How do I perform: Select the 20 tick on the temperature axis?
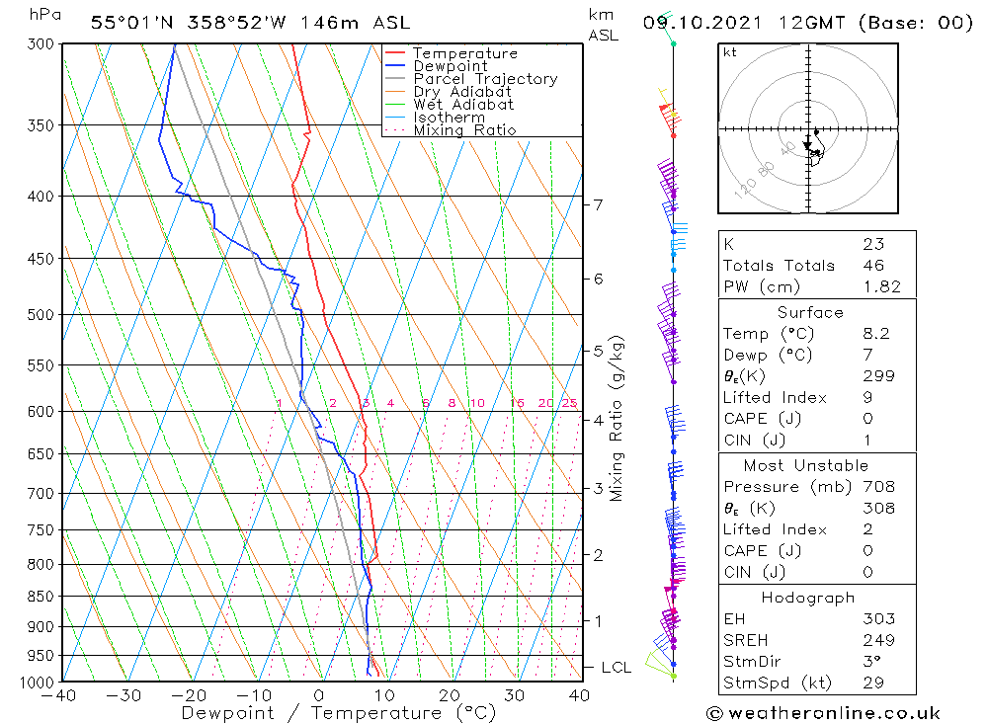click(x=450, y=695)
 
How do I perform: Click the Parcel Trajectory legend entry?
click(x=485, y=79)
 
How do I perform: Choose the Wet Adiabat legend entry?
click(x=463, y=105)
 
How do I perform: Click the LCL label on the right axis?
click(x=616, y=668)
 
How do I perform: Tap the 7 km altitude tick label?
click(x=598, y=204)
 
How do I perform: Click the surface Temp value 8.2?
click(x=875, y=334)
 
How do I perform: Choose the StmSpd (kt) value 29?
click(x=873, y=683)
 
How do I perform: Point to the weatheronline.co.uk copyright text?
click(x=823, y=712)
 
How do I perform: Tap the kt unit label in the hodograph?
click(x=729, y=52)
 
